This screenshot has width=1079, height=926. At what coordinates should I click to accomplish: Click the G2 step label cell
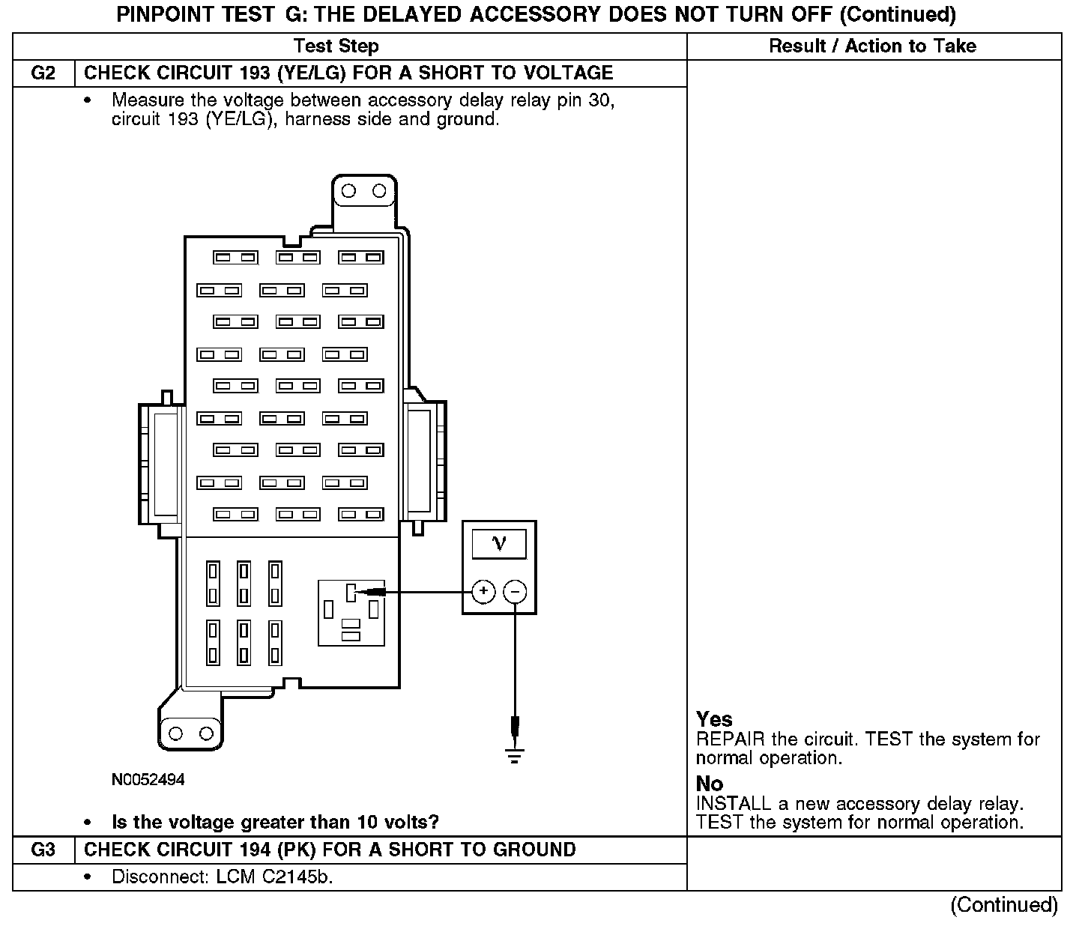pyautogui.click(x=43, y=73)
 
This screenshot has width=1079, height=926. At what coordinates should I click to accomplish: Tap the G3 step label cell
pyautogui.click(x=43, y=850)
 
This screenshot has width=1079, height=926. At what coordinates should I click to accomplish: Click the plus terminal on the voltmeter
pyautogui.click(x=484, y=592)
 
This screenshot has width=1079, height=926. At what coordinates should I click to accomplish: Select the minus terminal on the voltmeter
pyautogui.click(x=515, y=592)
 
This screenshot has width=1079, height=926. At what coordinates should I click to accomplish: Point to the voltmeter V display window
pyautogui.click(x=499, y=544)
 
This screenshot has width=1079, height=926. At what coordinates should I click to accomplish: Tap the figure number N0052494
pyautogui.click(x=148, y=780)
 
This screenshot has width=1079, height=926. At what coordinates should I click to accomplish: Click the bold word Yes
pyautogui.click(x=714, y=719)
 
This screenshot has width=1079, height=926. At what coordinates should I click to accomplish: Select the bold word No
pyautogui.click(x=710, y=784)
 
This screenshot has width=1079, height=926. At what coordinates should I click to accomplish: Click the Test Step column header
pyautogui.click(x=336, y=46)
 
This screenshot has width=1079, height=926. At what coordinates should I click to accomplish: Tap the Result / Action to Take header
pyautogui.click(x=873, y=46)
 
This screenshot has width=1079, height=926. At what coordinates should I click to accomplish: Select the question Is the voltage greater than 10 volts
pyautogui.click(x=275, y=823)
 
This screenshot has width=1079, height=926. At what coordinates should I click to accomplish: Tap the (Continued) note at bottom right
pyautogui.click(x=1004, y=905)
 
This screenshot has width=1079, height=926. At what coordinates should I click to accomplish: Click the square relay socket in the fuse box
pyautogui.click(x=351, y=612)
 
